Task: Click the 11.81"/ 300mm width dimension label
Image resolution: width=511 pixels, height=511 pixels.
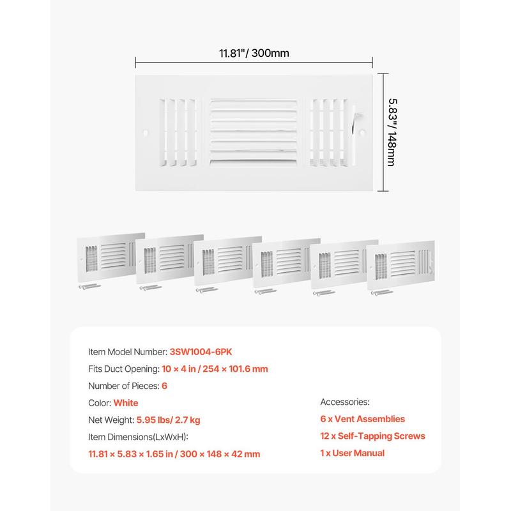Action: tap(254, 53)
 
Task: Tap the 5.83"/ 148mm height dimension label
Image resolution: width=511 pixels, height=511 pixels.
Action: tap(392, 132)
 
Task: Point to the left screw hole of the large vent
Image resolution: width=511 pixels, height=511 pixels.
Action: tap(146, 133)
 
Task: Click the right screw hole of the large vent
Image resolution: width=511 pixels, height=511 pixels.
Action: tap(362, 132)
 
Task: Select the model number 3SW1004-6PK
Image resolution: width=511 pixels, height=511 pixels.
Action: tap(201, 352)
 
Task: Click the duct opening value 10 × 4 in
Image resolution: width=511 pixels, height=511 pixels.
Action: tap(179, 369)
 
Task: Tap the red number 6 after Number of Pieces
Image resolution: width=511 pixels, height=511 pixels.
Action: tap(164, 386)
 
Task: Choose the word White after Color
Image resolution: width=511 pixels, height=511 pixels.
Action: tap(126, 403)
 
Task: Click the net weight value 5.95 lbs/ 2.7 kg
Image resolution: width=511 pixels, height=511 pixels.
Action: tap(168, 420)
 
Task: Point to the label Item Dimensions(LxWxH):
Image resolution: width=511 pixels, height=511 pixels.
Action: tap(138, 437)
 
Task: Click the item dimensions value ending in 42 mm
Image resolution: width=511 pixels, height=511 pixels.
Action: tap(174, 454)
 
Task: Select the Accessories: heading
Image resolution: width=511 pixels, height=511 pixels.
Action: tap(345, 402)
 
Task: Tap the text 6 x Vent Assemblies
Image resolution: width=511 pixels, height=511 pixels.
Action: tap(362, 419)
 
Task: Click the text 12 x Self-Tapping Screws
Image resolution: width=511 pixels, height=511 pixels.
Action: tap(372, 436)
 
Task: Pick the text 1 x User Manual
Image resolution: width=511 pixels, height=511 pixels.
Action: tap(353, 453)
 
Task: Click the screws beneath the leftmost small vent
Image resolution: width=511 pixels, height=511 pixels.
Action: tap(89, 286)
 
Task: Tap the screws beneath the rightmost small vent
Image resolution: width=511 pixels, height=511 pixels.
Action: tap(382, 293)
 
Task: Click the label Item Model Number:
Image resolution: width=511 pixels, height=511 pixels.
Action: tap(128, 352)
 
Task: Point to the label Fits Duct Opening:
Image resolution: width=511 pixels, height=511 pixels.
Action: tap(124, 369)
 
